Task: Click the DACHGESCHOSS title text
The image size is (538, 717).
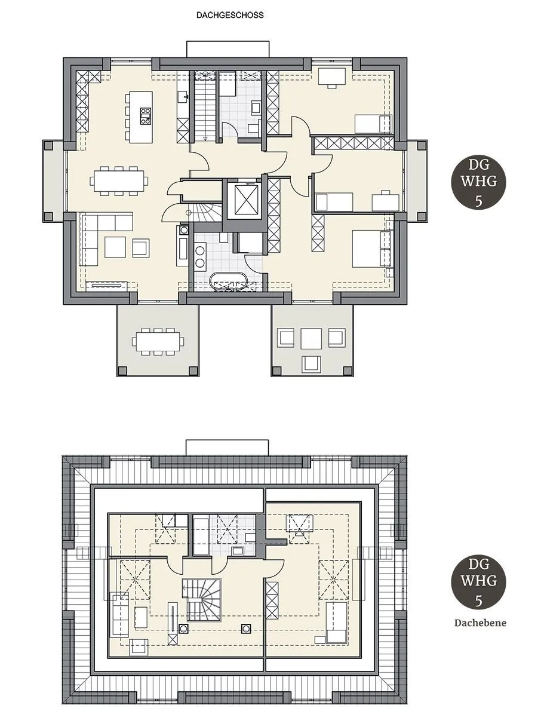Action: point(230,16)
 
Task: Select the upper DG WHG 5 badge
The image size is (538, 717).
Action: point(478,182)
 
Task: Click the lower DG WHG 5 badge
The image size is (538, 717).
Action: point(478,581)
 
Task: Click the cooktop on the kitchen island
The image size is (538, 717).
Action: point(146,116)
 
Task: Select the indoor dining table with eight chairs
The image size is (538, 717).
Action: point(119,180)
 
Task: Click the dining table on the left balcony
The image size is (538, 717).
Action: point(158,341)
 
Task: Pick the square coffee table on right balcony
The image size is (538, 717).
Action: point(311,338)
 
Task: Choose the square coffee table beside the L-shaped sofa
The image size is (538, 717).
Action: point(115,247)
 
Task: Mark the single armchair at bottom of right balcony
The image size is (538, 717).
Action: point(310,363)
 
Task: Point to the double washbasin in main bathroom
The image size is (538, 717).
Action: point(200,257)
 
